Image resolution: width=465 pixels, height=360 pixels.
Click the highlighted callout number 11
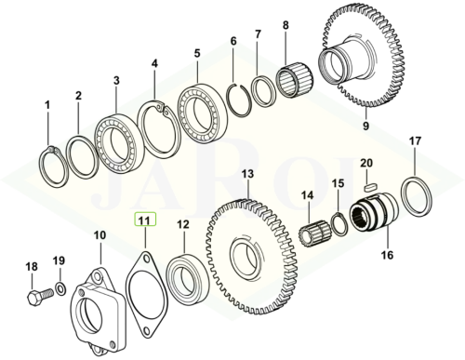click(145, 220)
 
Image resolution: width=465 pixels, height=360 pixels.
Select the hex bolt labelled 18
click(41, 296)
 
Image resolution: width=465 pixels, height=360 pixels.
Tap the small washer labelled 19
click(60, 288)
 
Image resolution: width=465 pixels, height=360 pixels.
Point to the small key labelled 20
click(370, 187)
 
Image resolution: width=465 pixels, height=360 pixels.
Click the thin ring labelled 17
click(416, 196)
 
